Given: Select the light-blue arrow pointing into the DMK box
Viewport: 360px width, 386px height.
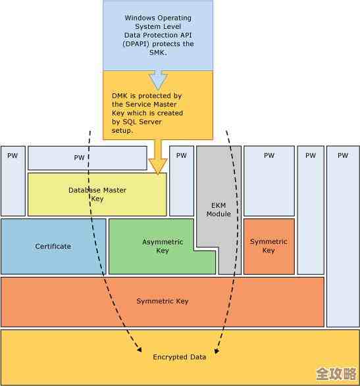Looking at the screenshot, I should click(158, 80).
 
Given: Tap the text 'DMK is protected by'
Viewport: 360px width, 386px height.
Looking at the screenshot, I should click(146, 96).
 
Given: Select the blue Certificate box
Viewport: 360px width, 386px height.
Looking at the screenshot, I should click(53, 247).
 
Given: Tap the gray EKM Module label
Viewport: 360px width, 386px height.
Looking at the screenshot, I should click(219, 210).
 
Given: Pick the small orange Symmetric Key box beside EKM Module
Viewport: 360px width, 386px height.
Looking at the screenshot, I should click(269, 246).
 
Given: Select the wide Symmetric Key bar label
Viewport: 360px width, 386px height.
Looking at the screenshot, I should click(163, 301).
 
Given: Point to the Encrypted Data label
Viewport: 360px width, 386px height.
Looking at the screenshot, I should click(180, 357).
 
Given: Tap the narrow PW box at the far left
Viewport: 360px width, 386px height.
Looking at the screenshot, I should click(13, 181).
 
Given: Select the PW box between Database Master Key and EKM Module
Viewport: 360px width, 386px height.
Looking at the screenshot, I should click(182, 181).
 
